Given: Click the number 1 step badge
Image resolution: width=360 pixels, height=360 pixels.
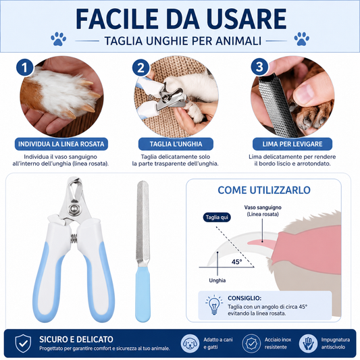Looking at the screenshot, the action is click(25, 68).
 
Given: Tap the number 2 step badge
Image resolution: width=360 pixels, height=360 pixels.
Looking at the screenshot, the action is click(140, 68).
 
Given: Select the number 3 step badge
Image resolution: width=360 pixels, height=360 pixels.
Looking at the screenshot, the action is click(259, 67).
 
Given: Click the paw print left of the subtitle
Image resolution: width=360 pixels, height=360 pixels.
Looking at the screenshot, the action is click(58, 38).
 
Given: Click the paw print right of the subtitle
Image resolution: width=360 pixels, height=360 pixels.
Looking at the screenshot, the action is click(301, 38).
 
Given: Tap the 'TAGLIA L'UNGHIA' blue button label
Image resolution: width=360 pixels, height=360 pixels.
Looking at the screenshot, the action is click(176, 144).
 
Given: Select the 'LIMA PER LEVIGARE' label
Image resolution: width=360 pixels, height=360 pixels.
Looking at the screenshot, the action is click(292, 144).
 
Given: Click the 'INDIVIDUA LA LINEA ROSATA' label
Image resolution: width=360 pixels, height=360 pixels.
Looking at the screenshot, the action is click(61, 144).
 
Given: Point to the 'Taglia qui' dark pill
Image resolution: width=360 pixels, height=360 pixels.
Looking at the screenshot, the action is click(217, 217).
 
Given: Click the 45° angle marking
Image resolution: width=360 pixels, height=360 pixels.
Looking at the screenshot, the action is click(236, 262).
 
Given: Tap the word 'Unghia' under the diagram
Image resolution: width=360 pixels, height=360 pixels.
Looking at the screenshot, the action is click(217, 280).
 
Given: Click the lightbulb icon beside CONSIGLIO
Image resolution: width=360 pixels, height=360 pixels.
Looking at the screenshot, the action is click(214, 305).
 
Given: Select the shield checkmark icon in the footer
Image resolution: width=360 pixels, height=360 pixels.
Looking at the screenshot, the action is click(23, 344).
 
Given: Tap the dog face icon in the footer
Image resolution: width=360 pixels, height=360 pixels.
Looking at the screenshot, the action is click(190, 344).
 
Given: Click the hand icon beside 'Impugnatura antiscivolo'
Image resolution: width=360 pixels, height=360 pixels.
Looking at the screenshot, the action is click(308, 344).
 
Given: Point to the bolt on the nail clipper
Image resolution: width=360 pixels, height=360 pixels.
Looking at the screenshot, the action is click(74, 209).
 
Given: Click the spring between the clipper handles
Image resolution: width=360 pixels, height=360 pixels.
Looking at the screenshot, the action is click(74, 239).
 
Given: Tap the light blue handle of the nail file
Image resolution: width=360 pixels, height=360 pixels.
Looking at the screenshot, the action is click(143, 294).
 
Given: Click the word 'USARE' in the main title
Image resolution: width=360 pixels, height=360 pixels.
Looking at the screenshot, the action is click(247, 19).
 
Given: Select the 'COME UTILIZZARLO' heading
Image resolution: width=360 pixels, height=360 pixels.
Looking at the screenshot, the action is click(264, 190).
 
